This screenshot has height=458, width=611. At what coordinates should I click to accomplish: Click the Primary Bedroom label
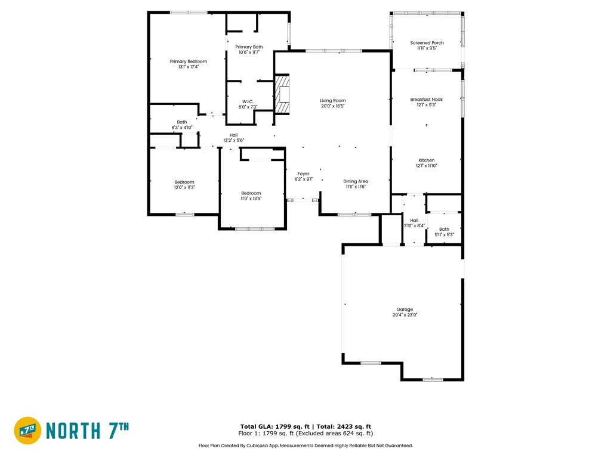click(188, 61)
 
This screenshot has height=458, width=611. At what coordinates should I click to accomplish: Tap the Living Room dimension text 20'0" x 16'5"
click(333, 106)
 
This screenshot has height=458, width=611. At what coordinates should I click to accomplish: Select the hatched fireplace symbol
click(282, 94)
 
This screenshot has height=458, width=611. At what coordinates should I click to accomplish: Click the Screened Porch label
click(427, 43)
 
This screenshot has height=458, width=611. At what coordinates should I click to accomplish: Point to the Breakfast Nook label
click(426, 100)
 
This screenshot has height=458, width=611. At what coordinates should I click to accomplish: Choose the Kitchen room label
click(426, 160)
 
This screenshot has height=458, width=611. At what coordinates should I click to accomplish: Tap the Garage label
click(405, 310)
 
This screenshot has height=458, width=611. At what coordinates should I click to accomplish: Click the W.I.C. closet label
click(248, 101)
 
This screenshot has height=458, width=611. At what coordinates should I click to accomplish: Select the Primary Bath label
click(249, 47)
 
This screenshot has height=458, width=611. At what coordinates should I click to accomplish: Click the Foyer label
click(304, 174)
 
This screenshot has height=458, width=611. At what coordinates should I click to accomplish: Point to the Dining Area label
click(356, 181)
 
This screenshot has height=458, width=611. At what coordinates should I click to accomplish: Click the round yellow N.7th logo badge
click(27, 431)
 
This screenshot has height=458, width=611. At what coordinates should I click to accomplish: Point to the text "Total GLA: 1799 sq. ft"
click(274, 426)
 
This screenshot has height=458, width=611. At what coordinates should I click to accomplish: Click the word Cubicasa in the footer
click(257, 445)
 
